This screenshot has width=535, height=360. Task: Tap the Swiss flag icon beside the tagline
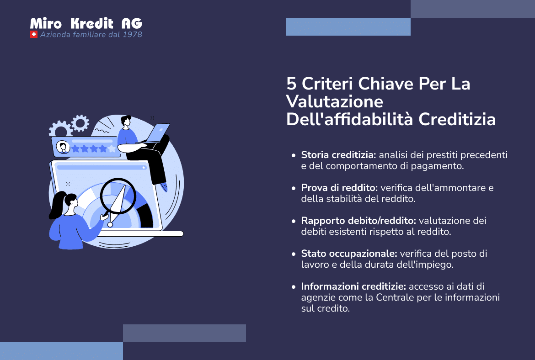[33, 35]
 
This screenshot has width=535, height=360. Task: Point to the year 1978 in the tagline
[133, 35]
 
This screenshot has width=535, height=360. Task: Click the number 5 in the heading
[291, 84]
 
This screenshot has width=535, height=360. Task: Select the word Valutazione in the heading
[334, 101]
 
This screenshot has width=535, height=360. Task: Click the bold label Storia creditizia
[338, 155]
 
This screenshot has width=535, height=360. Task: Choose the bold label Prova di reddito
[340, 188]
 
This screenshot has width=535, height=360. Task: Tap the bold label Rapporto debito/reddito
[358, 221]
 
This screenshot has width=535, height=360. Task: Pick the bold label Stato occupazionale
[349, 254]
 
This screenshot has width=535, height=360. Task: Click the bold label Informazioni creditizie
[353, 286]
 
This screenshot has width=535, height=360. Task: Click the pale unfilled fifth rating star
[112, 148]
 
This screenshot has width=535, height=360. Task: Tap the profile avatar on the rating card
[63, 148]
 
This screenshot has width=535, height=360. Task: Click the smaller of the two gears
[80, 122]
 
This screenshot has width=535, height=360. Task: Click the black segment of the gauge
[146, 215]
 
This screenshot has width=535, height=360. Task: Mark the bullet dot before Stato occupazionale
[294, 254]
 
